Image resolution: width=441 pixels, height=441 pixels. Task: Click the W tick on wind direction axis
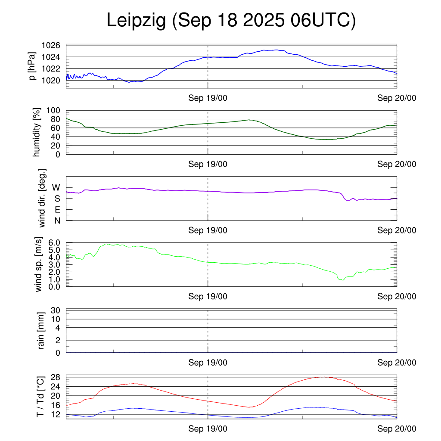pos(56,187)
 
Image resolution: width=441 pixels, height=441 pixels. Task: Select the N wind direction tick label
pos(56,220)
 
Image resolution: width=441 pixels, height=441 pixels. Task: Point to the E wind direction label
pos(56,209)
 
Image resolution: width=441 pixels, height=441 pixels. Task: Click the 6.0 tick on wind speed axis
pos(54,243)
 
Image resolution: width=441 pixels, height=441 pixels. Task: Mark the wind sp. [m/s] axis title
pos(39,265)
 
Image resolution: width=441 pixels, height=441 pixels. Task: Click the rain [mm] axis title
pos(41,331)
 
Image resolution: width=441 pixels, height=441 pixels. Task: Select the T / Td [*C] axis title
pos(40,397)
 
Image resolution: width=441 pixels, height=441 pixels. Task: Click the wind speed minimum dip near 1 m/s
pos(342,280)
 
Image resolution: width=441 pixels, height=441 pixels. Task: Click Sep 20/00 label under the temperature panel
pos(397,429)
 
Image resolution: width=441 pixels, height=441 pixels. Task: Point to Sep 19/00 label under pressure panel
pos(208,98)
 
